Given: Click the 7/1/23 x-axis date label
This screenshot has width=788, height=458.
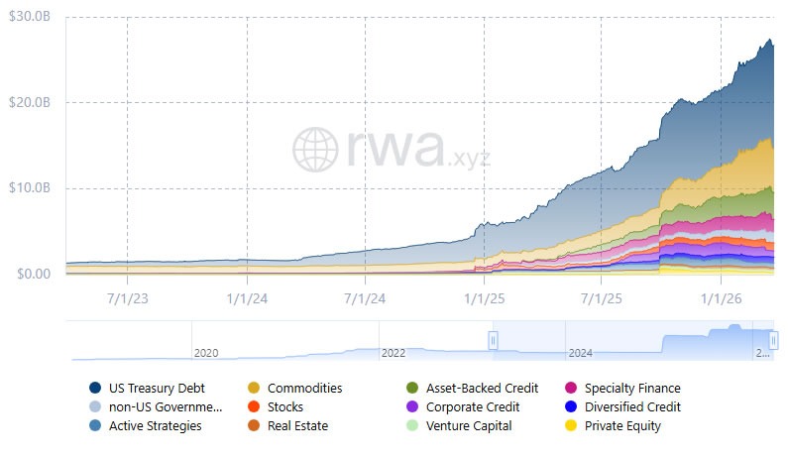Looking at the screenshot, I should coord(127,295).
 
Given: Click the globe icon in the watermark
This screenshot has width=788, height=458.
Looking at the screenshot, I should coord(316,149).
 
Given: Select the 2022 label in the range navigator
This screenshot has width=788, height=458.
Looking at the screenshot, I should coord(394,352).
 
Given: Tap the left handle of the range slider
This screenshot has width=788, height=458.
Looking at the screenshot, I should coord(493,340).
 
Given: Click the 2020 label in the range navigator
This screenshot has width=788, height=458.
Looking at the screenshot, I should coord(206,352).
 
